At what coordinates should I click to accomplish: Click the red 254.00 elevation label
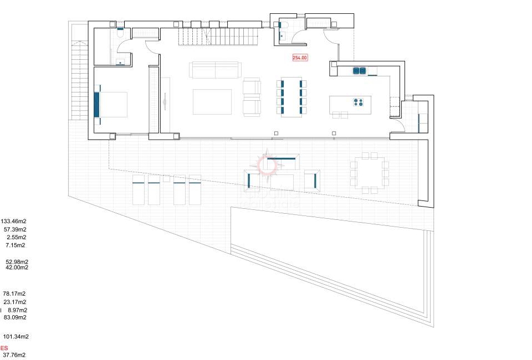pyautogui.click(x=300, y=58)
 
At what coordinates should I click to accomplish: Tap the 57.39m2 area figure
pyautogui.click(x=15, y=229)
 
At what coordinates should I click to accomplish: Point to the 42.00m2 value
pyautogui.click(x=17, y=267)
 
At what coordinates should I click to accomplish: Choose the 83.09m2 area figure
pyautogui.click(x=15, y=317)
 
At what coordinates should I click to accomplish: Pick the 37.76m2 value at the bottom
pyautogui.click(x=14, y=355)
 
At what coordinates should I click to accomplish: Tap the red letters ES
pyautogui.click(x=4, y=348)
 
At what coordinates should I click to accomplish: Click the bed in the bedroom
pyautogui.click(x=111, y=104)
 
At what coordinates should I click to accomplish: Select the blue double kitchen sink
pyautogui.click(x=359, y=70)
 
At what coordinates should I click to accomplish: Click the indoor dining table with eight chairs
pyautogui.click(x=291, y=97)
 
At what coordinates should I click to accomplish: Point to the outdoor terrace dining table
pyautogui.click(x=369, y=173)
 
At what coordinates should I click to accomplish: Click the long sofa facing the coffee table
pyautogui.click(x=214, y=70)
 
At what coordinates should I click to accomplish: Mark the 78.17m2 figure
pyautogui.click(x=14, y=294)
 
